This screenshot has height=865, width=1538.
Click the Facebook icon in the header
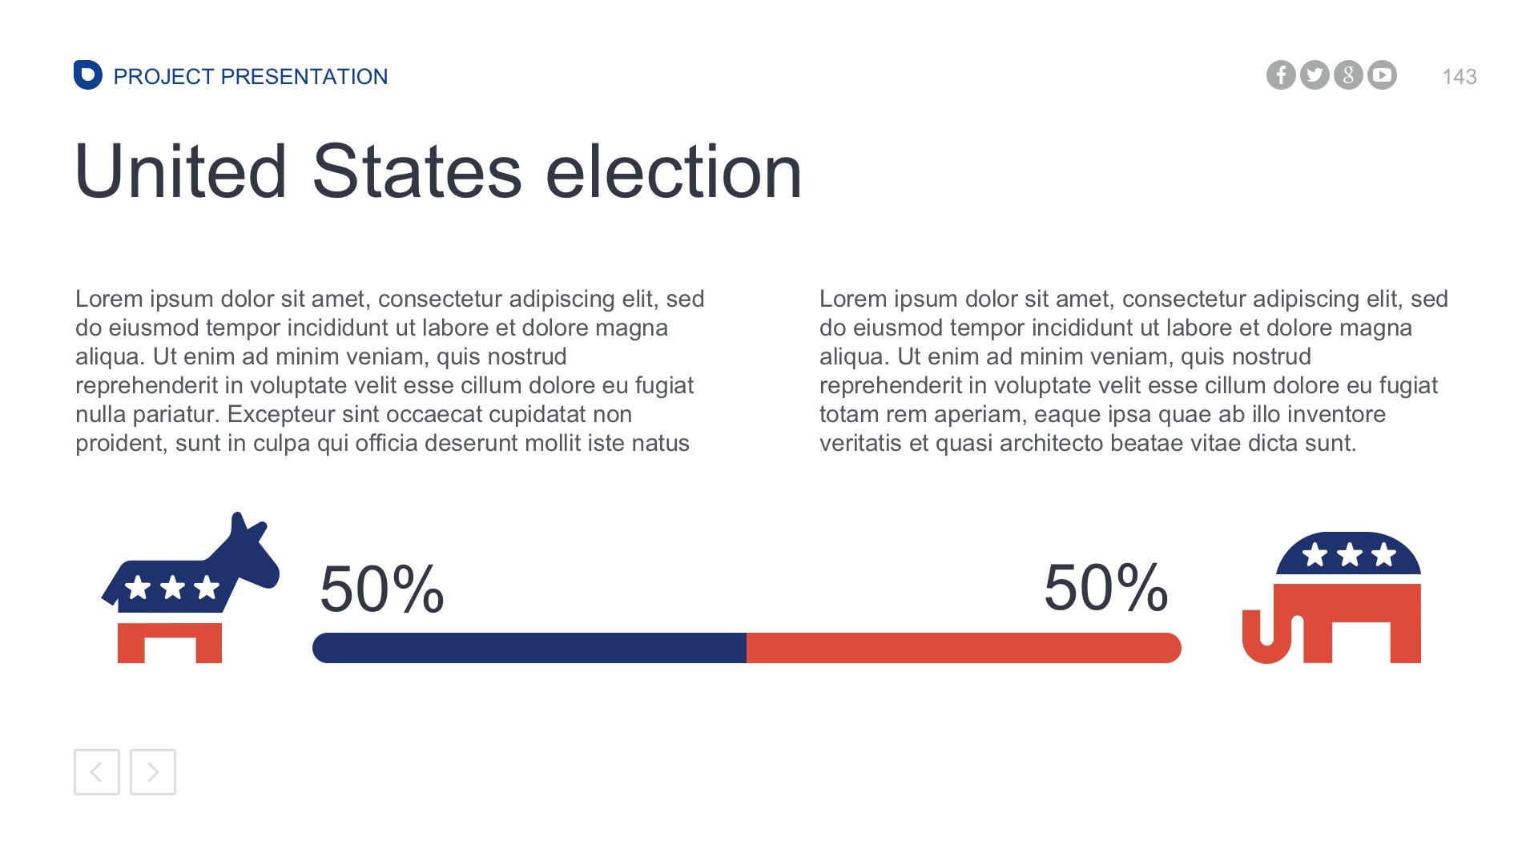[x=1281, y=75]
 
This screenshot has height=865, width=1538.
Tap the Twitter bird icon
[x=1315, y=75]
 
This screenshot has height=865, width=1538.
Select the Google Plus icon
[x=1348, y=75]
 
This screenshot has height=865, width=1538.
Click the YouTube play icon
[x=1382, y=75]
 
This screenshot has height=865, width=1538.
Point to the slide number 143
[x=1459, y=77]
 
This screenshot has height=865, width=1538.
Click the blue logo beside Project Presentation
[x=87, y=75]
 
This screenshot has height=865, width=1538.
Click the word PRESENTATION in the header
[x=304, y=77]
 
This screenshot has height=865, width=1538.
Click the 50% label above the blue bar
[x=381, y=589]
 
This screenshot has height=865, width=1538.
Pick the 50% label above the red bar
[x=1105, y=588]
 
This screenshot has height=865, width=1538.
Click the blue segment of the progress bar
[x=529, y=648]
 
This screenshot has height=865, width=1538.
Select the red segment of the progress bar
[x=961, y=648]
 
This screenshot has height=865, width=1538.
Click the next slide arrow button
[x=153, y=772]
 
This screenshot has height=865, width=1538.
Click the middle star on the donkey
[x=172, y=587]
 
